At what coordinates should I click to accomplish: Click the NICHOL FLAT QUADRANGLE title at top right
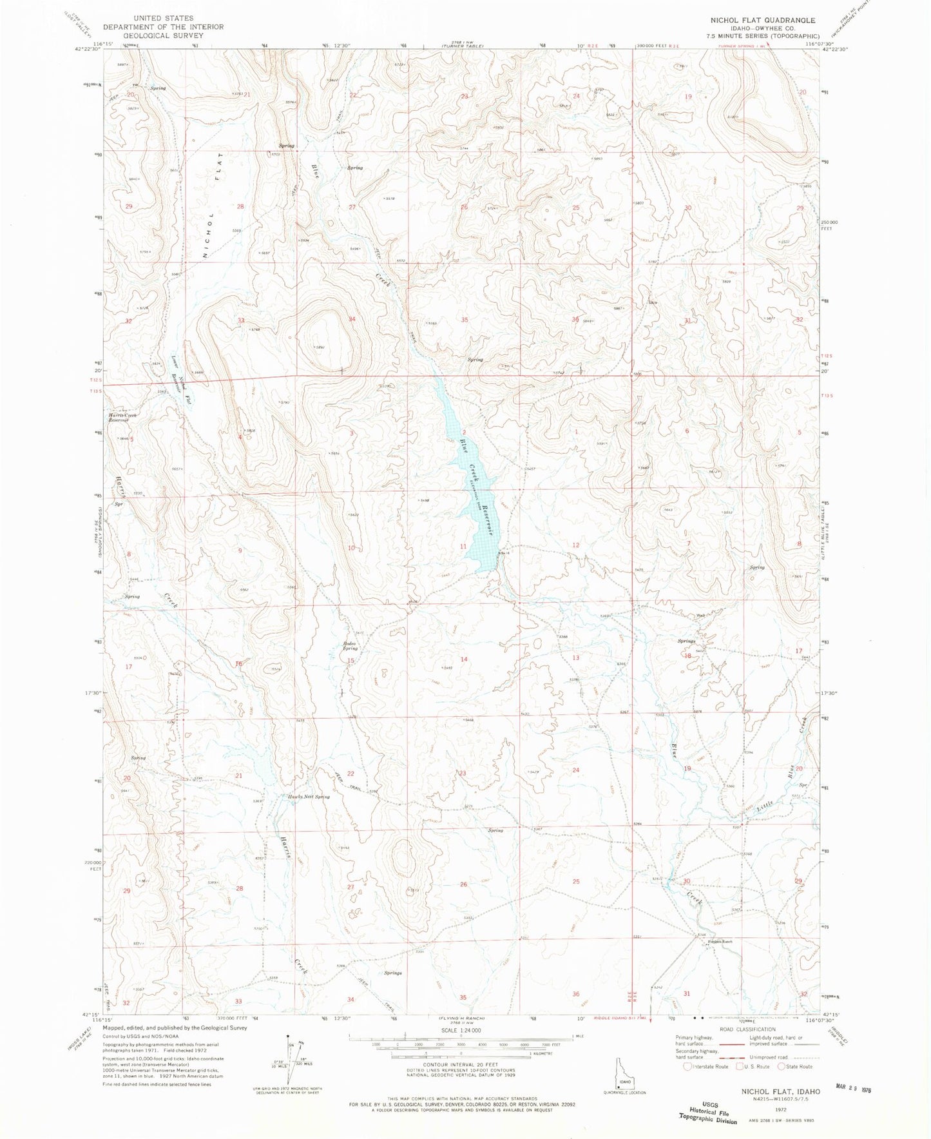click(x=762, y=20)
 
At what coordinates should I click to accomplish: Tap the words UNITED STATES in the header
click(x=162, y=18)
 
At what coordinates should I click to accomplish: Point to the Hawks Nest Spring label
click(x=308, y=797)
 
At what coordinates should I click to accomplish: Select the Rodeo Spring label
click(x=350, y=646)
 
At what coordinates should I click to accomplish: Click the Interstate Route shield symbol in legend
click(x=689, y=1066)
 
